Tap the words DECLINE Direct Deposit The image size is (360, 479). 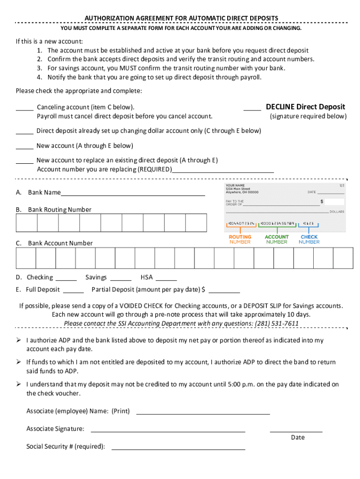point(305,107)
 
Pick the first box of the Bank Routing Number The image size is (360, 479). point(27,223)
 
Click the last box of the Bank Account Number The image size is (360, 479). point(343,258)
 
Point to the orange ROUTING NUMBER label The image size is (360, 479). point(240,239)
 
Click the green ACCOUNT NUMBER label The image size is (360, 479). point(277,239)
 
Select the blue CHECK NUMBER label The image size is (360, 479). point(309,239)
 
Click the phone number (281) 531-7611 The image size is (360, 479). point(276,324)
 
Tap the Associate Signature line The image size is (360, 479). point(168,430)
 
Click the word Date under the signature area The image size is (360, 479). point(297,437)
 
